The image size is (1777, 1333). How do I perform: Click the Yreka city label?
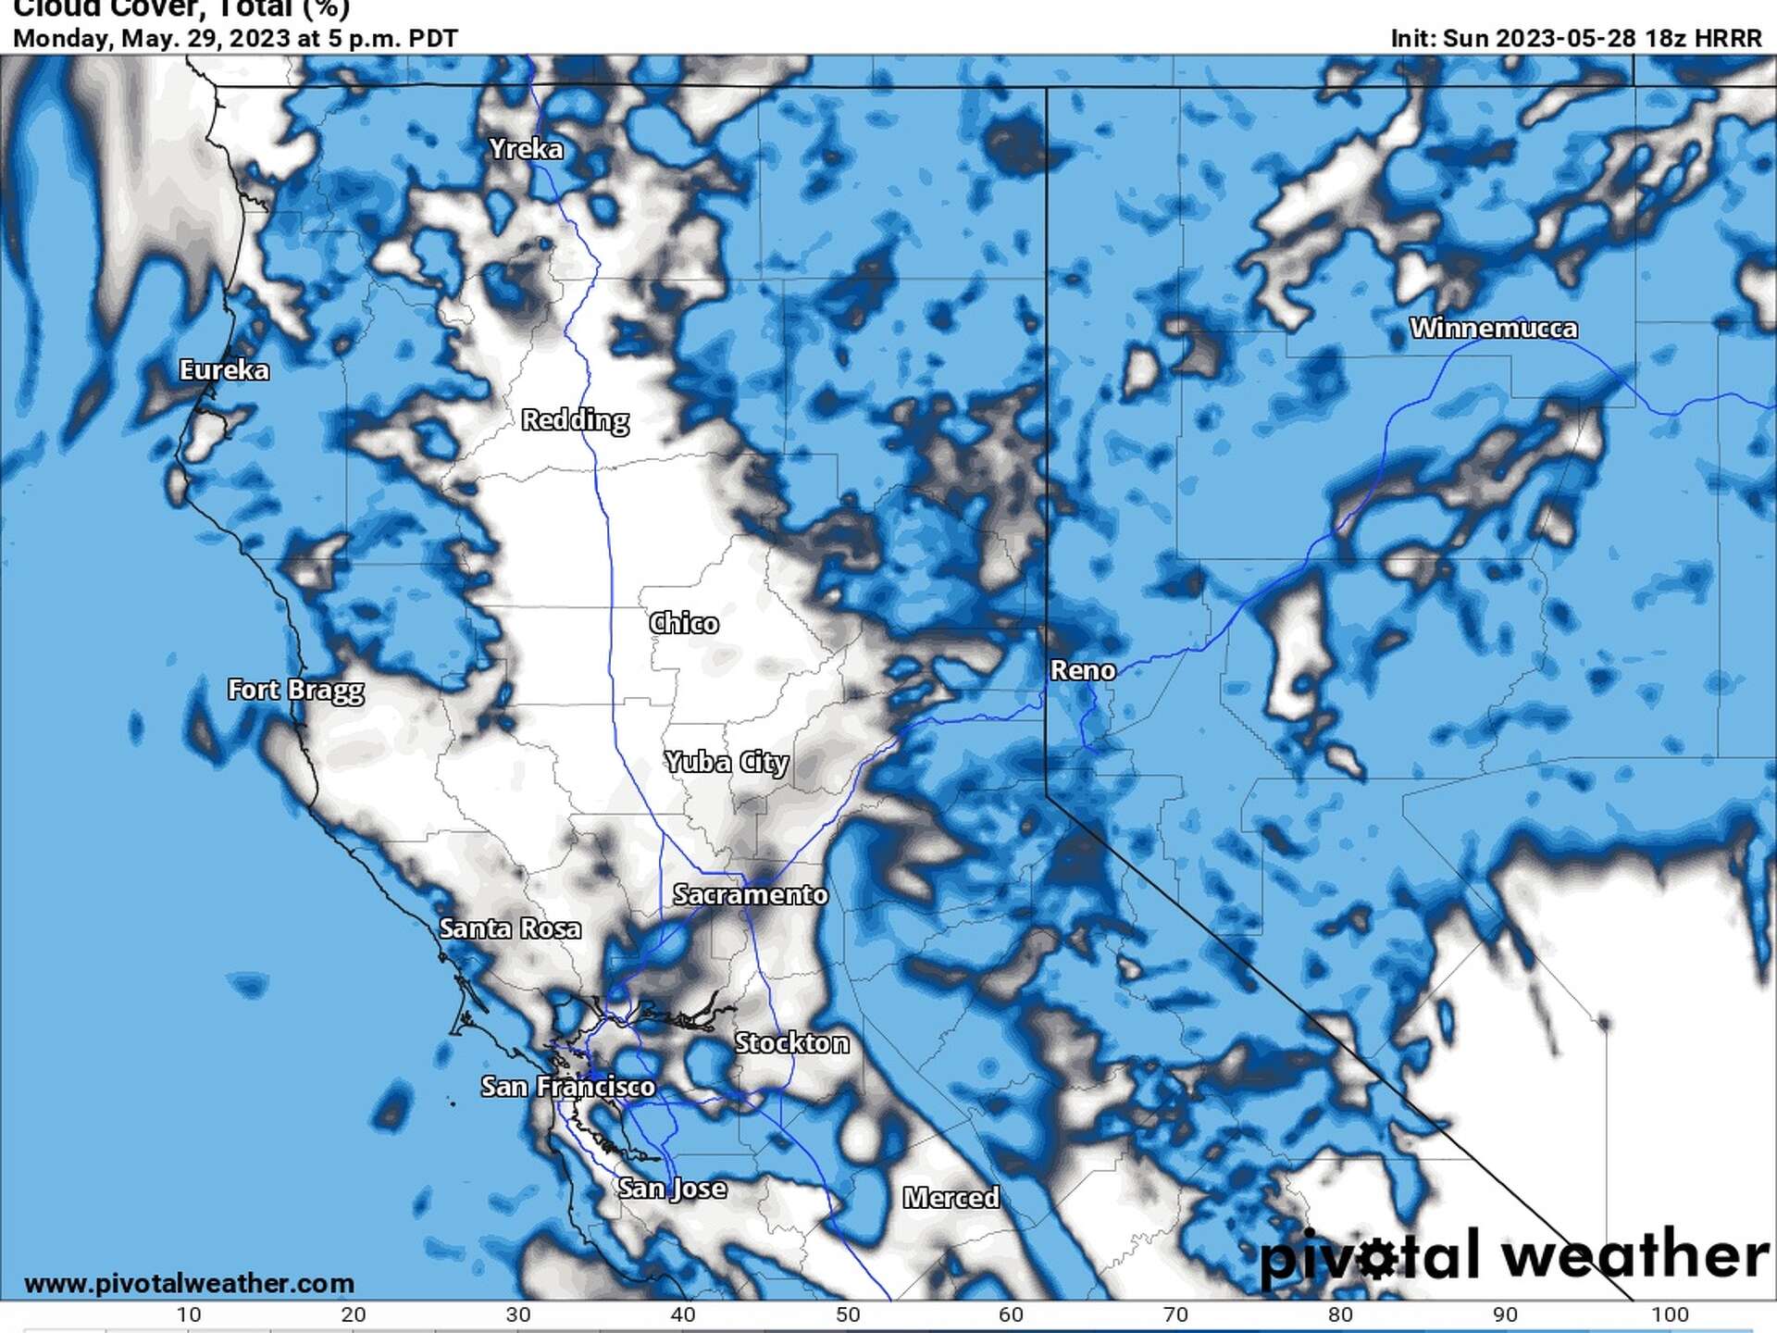526,149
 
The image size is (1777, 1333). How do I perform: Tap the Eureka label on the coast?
224,370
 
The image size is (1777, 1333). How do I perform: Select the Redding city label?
575,420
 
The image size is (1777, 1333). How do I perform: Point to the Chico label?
683,623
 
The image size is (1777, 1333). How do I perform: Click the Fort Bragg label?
295,690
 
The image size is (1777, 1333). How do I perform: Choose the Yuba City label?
727,762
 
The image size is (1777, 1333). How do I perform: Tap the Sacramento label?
750,894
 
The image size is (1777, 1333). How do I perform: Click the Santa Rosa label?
510,928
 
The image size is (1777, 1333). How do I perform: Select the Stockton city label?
791,1043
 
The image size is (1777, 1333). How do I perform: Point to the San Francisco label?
567,1086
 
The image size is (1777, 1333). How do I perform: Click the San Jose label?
672,1188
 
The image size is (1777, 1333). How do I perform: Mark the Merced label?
951,1198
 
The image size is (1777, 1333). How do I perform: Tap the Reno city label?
1082,670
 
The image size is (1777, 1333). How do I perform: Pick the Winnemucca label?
1493,329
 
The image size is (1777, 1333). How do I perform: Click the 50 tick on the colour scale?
848,1314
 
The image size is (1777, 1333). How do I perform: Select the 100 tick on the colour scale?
1670,1314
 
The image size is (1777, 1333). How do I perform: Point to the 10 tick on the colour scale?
189,1314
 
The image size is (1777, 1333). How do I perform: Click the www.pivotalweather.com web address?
189,1283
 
